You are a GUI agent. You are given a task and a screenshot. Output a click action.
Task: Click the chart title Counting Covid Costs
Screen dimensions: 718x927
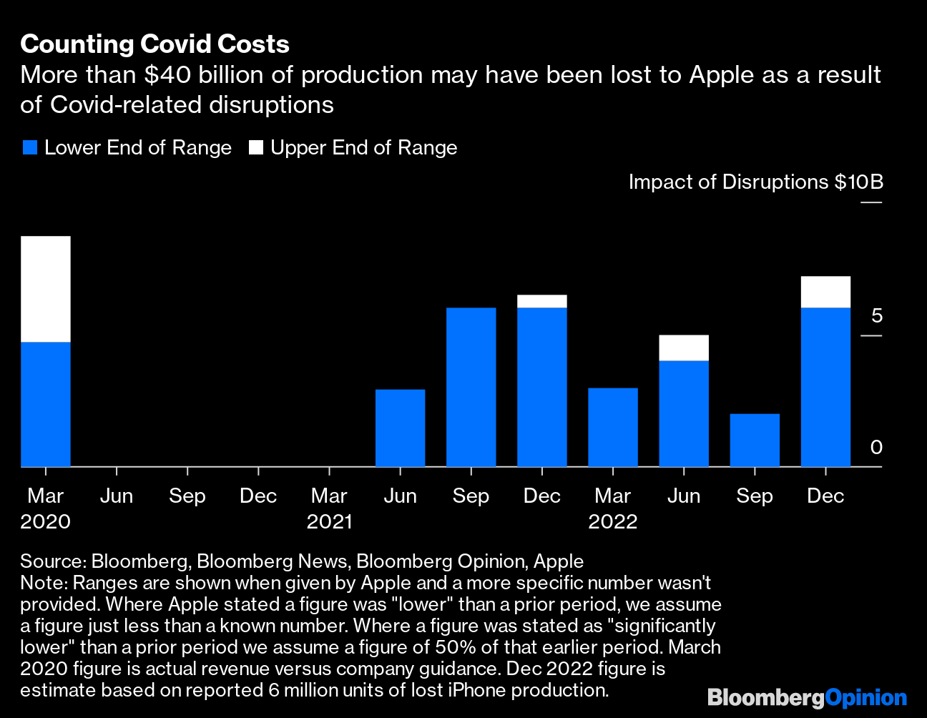pos(154,44)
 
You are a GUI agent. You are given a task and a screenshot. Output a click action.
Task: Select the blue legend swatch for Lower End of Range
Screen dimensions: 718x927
pos(29,148)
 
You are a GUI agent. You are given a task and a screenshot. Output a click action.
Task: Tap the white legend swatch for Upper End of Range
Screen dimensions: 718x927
pos(255,148)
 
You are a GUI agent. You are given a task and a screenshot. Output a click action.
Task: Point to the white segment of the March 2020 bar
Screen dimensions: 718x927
pos(46,289)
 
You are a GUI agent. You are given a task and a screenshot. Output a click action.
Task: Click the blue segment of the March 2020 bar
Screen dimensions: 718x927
pos(46,404)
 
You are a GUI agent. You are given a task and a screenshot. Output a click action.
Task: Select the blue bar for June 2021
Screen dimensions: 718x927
pos(400,428)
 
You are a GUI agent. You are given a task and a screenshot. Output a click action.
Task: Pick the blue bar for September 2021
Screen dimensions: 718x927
pos(471,387)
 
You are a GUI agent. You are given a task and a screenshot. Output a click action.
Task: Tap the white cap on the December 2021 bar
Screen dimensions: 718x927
pos(541,301)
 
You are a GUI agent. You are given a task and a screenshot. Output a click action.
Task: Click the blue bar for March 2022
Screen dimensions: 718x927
pos(613,427)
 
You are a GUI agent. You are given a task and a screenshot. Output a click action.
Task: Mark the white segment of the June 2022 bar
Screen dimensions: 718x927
pos(684,348)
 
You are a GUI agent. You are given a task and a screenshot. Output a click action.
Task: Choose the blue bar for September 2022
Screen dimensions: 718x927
pos(755,440)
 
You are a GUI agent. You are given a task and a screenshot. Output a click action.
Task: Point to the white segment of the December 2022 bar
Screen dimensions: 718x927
pos(825,292)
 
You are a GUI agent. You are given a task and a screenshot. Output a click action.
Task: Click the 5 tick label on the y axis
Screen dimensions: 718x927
pos(876,316)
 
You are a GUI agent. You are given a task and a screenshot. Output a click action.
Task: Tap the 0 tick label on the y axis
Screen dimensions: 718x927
pos(876,448)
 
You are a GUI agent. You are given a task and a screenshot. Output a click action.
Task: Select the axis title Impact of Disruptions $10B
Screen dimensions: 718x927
pos(755,182)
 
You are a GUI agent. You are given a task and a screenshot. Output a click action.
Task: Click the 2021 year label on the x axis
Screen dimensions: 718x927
pos(329,521)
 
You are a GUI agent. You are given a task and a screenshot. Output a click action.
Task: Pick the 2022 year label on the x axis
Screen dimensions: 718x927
pos(613,521)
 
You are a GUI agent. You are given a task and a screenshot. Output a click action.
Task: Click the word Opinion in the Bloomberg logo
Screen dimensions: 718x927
pos(865,697)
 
